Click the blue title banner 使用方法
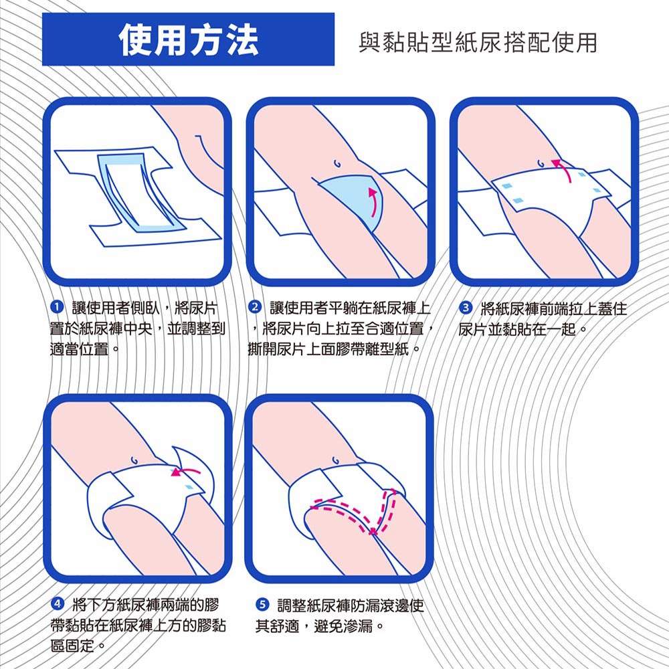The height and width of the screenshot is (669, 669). (x=188, y=39)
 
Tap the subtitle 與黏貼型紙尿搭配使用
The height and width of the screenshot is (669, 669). (x=478, y=42)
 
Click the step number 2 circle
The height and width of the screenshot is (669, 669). (x=255, y=307)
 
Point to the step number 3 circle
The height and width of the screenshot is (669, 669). (x=466, y=307)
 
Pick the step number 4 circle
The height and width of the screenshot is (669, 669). (x=57, y=604)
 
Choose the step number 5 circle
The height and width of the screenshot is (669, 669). (x=262, y=604)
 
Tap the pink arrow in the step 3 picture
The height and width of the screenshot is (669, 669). (x=563, y=169)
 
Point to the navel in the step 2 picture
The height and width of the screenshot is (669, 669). (x=337, y=163)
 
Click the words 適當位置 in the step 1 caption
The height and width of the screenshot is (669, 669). (x=79, y=349)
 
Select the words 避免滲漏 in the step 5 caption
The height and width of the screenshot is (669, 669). (x=343, y=626)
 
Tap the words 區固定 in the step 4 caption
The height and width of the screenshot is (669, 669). (x=72, y=646)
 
